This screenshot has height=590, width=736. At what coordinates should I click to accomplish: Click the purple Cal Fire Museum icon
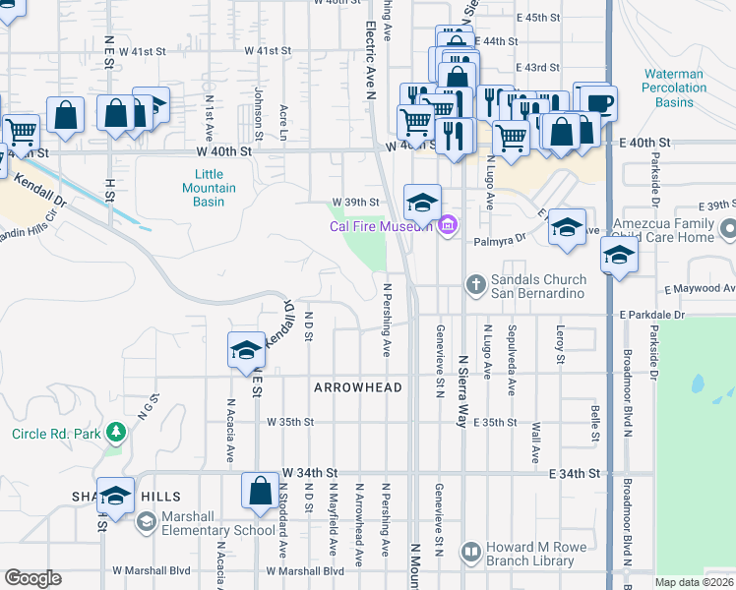(x=448, y=227)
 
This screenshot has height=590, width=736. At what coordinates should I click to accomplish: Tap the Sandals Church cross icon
(x=475, y=285)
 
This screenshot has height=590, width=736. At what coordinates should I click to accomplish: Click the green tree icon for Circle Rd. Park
(x=116, y=433)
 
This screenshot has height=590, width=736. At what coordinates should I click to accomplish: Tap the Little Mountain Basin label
(x=209, y=188)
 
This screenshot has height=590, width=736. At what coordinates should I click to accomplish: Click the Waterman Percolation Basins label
(x=674, y=88)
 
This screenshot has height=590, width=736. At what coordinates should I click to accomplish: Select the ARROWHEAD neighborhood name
(x=358, y=388)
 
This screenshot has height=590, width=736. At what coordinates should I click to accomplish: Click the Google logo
(x=32, y=578)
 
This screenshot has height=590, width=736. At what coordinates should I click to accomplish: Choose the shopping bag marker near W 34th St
(x=260, y=492)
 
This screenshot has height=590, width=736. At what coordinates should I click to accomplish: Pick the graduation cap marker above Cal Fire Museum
(x=421, y=204)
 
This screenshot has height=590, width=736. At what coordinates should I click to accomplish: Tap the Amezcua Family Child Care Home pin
(x=728, y=230)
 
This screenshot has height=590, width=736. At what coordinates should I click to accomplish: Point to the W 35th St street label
(x=289, y=422)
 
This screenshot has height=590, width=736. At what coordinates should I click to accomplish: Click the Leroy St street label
(x=560, y=344)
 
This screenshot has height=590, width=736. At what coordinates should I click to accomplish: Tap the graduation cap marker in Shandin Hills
(x=115, y=496)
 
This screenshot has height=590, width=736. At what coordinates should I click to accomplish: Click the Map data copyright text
(x=694, y=582)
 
